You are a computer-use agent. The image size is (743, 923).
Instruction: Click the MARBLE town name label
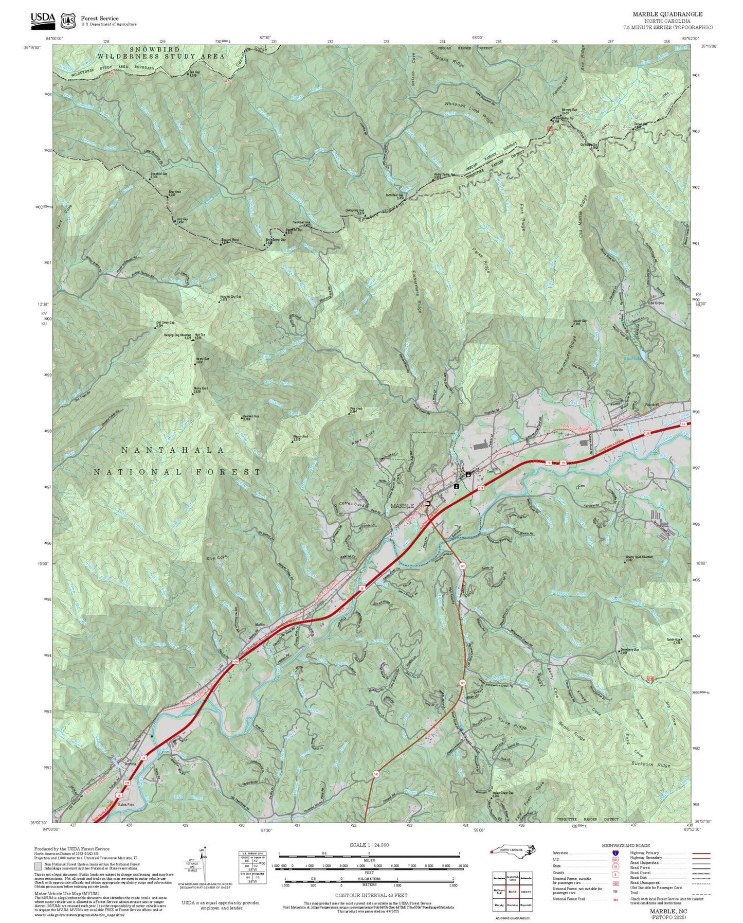402,506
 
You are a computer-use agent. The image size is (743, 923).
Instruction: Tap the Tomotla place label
130,764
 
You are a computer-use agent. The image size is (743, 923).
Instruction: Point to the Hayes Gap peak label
202,360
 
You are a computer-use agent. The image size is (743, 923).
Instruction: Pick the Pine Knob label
356,410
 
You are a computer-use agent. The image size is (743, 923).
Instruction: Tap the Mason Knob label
300,437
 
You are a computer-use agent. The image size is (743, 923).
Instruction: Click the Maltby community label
260,625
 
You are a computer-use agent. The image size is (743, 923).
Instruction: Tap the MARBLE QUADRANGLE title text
667,14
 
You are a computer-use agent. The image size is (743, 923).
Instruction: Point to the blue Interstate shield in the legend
615,853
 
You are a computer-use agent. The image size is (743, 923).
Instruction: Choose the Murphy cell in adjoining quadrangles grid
499,904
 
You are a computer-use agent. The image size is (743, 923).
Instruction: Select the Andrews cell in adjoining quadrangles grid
526,892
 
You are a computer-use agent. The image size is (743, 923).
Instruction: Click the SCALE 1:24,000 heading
369,845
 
